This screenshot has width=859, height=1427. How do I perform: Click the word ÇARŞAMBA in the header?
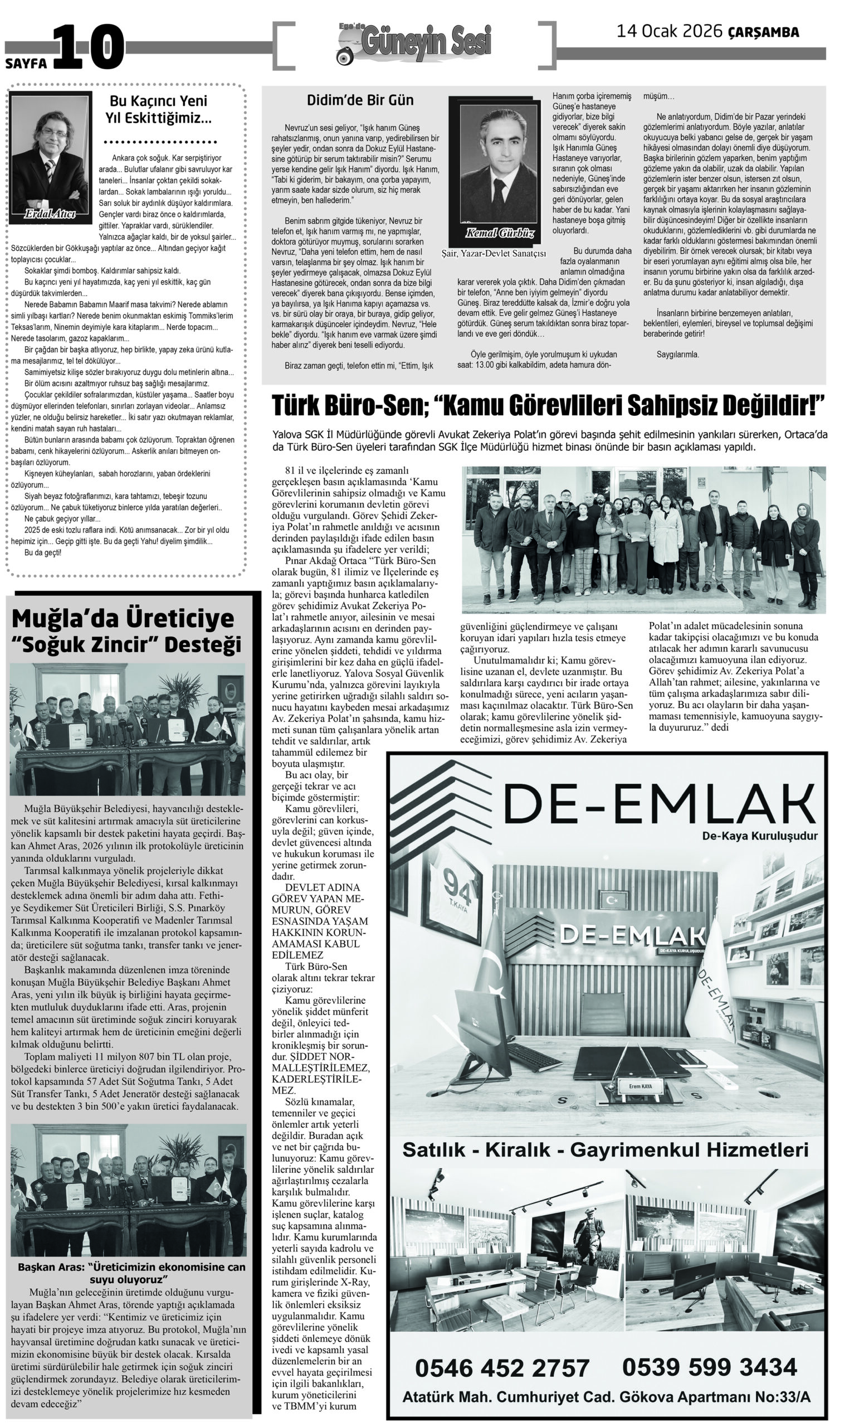pos(764,32)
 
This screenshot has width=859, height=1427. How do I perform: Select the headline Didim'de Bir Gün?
pos(360,100)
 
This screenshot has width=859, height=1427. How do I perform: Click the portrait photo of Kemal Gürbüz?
pos(496,168)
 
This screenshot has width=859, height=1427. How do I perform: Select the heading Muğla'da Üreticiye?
pos(123,619)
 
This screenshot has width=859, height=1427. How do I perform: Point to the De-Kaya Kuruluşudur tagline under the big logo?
pos(759,836)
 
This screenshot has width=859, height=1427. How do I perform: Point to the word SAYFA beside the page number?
pos(26,64)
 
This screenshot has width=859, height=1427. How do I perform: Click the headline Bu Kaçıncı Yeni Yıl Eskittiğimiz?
pos(158,109)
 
